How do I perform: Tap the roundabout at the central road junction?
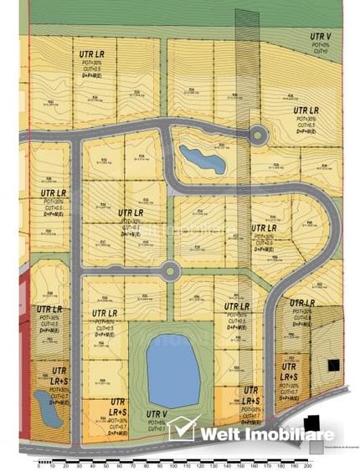tap(170, 269)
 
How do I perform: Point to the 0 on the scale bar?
tap(39, 465)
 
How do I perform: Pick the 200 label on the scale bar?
tap(307, 465)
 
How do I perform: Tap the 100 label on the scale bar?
tap(173, 465)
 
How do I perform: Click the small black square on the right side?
tap(332, 365)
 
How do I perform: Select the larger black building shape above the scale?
tap(311, 424)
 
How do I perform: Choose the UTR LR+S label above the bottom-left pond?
tap(59, 375)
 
